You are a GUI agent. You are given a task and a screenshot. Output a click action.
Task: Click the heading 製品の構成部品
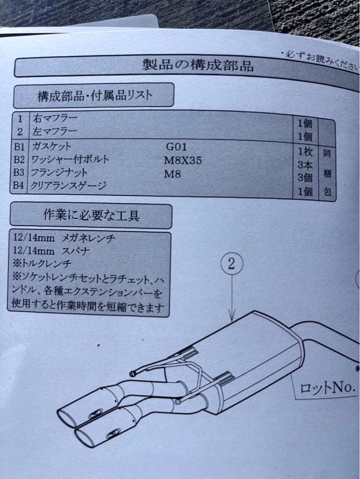(198, 66)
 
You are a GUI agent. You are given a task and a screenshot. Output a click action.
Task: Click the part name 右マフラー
(54, 118)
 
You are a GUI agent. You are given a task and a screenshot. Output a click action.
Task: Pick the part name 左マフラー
(54, 131)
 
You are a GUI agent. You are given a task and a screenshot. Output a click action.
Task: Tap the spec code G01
(176, 147)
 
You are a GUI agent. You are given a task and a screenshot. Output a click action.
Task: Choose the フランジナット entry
(59, 173)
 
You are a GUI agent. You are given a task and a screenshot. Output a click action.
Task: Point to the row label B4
(19, 186)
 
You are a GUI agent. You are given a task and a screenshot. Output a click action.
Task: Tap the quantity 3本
(305, 165)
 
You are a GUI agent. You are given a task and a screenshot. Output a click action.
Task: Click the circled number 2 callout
(232, 265)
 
